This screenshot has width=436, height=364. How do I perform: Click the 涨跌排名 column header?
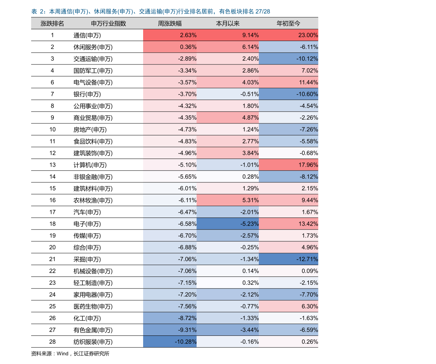coord(52,23)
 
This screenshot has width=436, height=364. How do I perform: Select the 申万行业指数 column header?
coord(108,23)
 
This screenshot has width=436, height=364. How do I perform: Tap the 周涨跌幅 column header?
coord(169,23)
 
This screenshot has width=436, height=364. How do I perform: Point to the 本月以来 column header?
coord(228,23)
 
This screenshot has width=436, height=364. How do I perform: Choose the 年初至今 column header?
coord(288,23)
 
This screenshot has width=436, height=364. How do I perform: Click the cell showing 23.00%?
coord(288,35)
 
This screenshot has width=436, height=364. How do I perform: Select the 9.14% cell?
coord(228,35)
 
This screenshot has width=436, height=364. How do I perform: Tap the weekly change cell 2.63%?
coord(170,35)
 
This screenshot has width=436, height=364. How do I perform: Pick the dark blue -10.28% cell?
coord(170,342)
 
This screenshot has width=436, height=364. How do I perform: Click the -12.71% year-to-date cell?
coord(288,259)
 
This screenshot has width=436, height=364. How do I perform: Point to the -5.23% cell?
coord(228,224)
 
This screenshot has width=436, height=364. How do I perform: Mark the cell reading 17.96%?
coord(288,165)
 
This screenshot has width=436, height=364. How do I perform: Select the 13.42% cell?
coord(288,224)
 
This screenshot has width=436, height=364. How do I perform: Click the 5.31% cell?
coord(228,200)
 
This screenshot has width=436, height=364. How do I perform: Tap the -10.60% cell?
coord(288,94)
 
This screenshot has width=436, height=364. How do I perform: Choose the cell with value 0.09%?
coord(288,271)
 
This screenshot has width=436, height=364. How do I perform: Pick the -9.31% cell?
coord(170,330)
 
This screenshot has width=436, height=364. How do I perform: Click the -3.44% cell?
coord(228,330)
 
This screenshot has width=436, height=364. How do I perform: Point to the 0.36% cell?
coord(170,47)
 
